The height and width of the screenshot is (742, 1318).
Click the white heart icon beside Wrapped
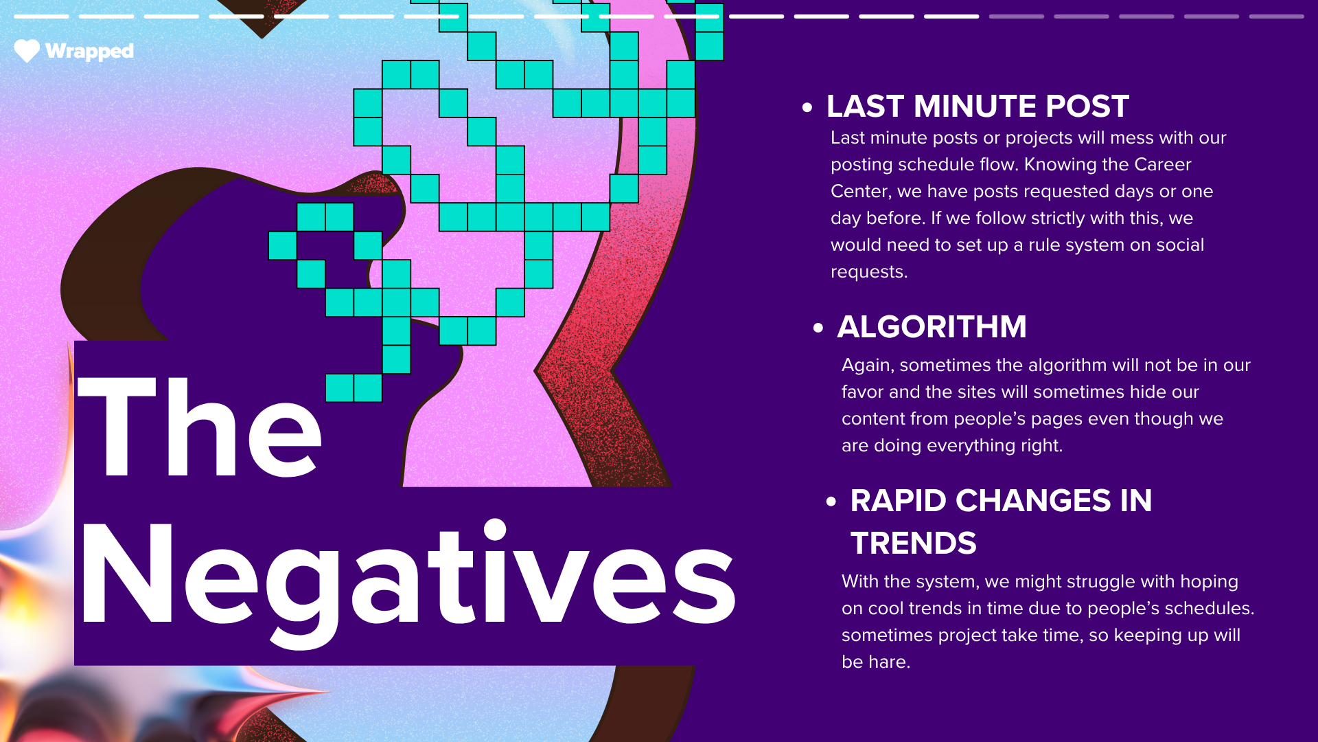[x=27, y=51]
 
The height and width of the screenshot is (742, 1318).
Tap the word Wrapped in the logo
[x=89, y=52]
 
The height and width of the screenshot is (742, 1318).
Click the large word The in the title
[x=199, y=427]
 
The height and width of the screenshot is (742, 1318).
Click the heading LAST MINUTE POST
[x=978, y=106]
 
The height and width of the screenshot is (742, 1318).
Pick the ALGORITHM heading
[x=932, y=326]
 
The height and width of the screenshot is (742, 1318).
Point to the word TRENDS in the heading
[x=913, y=543]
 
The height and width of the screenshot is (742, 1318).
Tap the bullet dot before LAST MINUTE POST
[x=807, y=107]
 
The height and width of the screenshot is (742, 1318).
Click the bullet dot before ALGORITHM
[x=818, y=328]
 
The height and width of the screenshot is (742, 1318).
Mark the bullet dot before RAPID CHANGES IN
[x=831, y=502]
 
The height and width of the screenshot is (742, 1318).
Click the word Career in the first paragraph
[x=1162, y=165]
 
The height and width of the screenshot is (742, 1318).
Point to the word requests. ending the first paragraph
[x=869, y=273]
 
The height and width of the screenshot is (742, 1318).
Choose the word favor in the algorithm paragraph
[x=862, y=392]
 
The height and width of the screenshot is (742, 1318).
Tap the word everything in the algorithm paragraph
[x=971, y=446]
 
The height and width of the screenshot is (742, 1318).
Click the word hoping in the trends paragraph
[x=1209, y=583]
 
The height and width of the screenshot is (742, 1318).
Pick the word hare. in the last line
[x=889, y=662]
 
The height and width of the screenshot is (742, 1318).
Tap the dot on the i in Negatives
[x=494, y=530]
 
